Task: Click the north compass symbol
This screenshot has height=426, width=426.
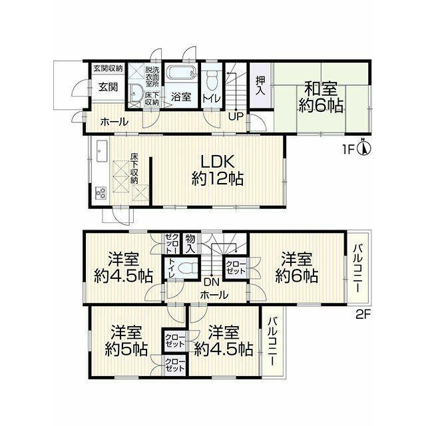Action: click(364, 148)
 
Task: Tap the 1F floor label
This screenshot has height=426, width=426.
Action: click(349, 149)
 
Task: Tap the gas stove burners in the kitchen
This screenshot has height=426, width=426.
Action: click(101, 193)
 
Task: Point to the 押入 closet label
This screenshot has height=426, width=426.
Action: click(260, 86)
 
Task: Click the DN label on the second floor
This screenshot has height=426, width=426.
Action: click(212, 282)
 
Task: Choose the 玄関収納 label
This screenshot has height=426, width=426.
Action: click(108, 68)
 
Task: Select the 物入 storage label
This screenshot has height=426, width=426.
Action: click(190, 244)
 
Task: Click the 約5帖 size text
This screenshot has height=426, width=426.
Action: click(126, 349)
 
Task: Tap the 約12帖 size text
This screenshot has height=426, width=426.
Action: click(217, 179)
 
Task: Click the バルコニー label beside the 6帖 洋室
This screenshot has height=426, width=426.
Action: click(358, 268)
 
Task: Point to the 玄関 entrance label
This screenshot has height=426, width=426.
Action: click(108, 87)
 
